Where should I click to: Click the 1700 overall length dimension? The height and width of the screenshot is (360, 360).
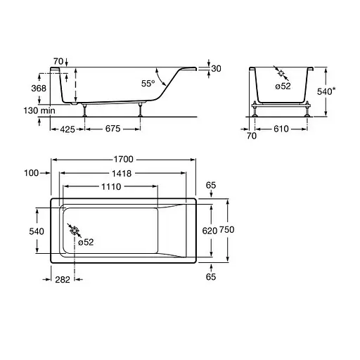click(x=124, y=160)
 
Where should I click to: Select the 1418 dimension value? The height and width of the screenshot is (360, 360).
click(x=122, y=174)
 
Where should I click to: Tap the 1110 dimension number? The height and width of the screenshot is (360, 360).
click(x=111, y=187)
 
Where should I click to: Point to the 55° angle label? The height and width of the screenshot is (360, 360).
click(x=148, y=84)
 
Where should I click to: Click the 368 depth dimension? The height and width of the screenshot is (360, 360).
click(x=39, y=89)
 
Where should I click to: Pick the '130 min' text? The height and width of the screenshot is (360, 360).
click(x=39, y=110)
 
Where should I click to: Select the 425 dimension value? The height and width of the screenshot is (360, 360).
click(x=67, y=129)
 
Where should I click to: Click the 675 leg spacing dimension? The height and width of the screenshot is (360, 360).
click(x=112, y=129)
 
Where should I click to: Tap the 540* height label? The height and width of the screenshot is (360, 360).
click(x=326, y=91)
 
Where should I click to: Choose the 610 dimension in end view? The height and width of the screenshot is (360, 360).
click(x=281, y=129)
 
